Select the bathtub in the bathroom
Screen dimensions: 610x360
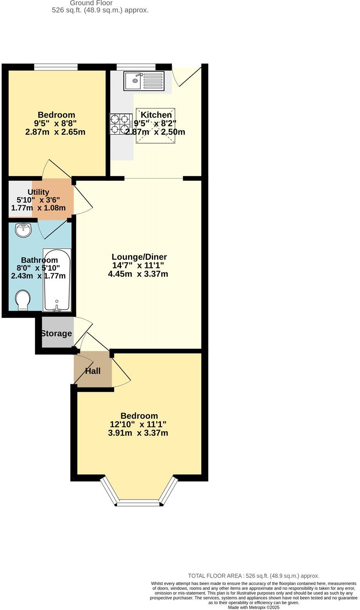(x=57, y=280)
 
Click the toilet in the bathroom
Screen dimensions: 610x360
(x=23, y=300)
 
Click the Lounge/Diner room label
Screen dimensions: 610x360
(x=139, y=257)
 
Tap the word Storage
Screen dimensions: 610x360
(x=56, y=334)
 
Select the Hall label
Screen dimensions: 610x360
(x=93, y=371)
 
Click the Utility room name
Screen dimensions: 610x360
(x=38, y=192)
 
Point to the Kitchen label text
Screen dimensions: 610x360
(x=156, y=115)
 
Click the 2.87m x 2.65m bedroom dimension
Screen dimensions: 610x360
(x=55, y=132)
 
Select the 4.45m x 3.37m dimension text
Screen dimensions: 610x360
(x=138, y=274)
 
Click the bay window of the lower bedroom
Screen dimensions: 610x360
(x=139, y=502)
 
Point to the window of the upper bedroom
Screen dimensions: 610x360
(x=55, y=67)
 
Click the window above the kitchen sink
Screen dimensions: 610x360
(x=136, y=67)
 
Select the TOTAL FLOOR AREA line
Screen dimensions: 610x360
(x=254, y=576)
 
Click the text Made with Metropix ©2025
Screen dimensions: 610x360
(x=254, y=608)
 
